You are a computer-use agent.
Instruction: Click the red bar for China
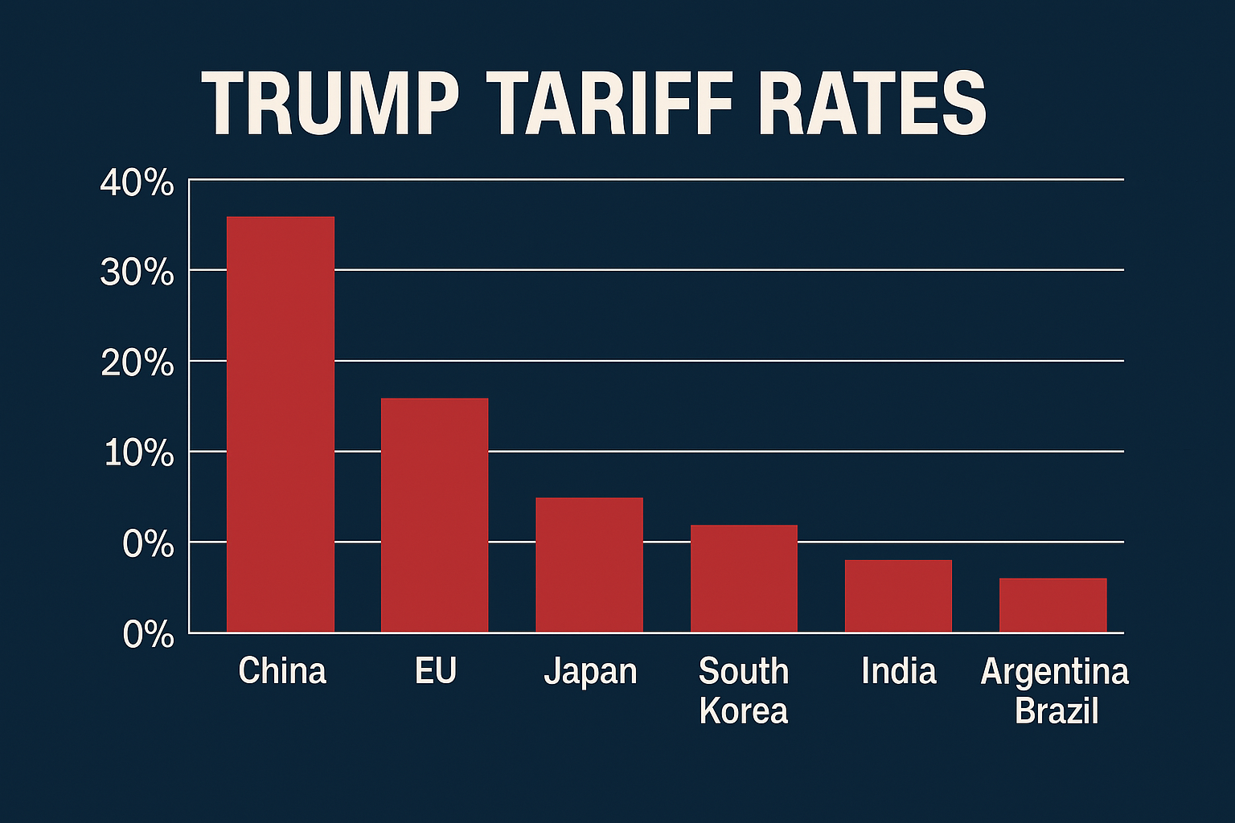(280, 424)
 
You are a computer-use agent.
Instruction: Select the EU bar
(434, 515)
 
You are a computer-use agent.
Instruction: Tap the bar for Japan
(589, 565)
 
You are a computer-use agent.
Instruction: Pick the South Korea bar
(744, 579)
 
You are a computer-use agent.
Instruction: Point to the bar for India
(898, 596)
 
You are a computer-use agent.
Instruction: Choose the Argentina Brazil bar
(1052, 605)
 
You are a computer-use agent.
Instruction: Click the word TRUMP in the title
(330, 105)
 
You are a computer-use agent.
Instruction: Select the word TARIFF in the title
(611, 105)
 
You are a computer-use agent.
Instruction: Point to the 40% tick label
(137, 183)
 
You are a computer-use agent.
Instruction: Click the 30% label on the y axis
(137, 273)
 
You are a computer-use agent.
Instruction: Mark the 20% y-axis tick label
(137, 364)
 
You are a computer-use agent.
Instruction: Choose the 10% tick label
(138, 454)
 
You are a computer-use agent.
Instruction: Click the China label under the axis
(282, 671)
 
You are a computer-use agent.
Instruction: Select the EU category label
(436, 671)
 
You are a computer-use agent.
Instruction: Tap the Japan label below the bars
(590, 672)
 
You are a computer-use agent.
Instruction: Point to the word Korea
(744, 711)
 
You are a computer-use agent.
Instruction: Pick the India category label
(899, 671)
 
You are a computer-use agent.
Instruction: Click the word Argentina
(1055, 672)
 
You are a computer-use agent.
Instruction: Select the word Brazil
(1057, 711)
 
